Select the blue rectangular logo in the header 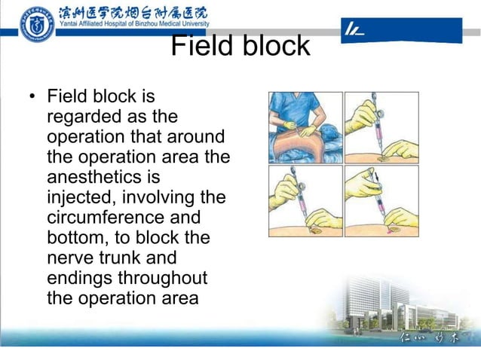click(401, 30)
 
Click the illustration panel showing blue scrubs click(305, 127)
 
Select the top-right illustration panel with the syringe click(381, 127)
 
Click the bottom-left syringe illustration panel click(305, 200)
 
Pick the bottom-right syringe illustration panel click(381, 200)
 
